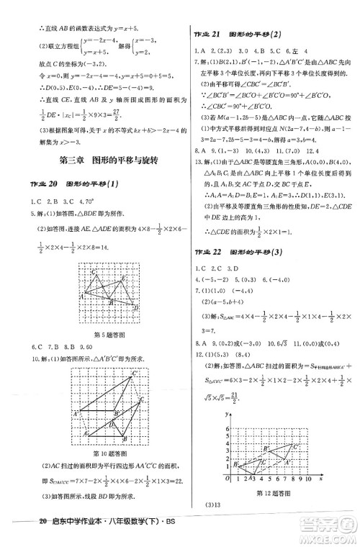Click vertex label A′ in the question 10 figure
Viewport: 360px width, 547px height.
[76, 414]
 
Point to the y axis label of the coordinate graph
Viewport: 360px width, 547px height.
[225, 415]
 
